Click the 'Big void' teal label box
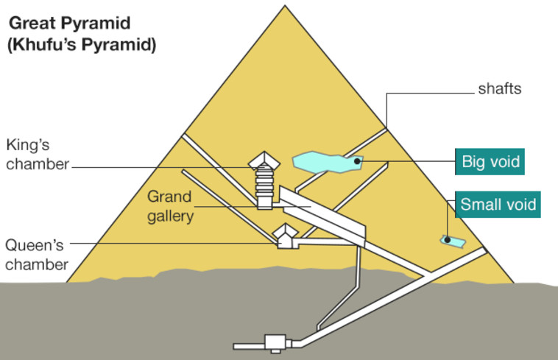[490, 161]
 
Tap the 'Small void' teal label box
[497, 204]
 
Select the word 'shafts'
[500, 90]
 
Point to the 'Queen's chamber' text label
[37, 255]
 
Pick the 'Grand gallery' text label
[169, 207]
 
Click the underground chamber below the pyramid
[275, 342]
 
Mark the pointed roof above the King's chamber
[263, 159]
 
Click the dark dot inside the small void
[447, 239]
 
